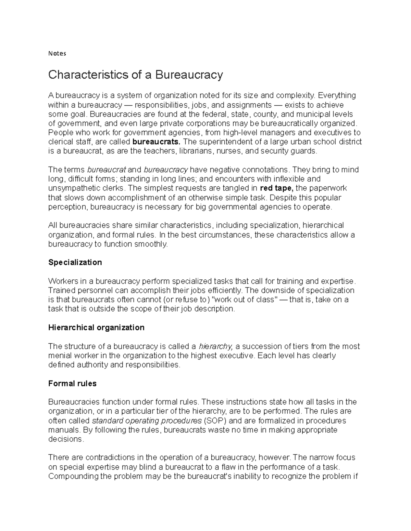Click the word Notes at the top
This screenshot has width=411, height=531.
tap(57, 53)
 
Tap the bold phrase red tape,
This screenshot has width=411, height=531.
tap(277, 188)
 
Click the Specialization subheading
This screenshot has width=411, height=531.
tap(75, 262)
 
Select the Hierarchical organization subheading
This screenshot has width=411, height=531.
tap(96, 328)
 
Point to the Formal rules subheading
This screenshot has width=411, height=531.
tap(72, 384)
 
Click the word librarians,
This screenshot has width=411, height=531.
tap(194, 151)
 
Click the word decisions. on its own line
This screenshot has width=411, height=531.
tap(66, 439)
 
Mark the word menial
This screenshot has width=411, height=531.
tap(59, 356)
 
